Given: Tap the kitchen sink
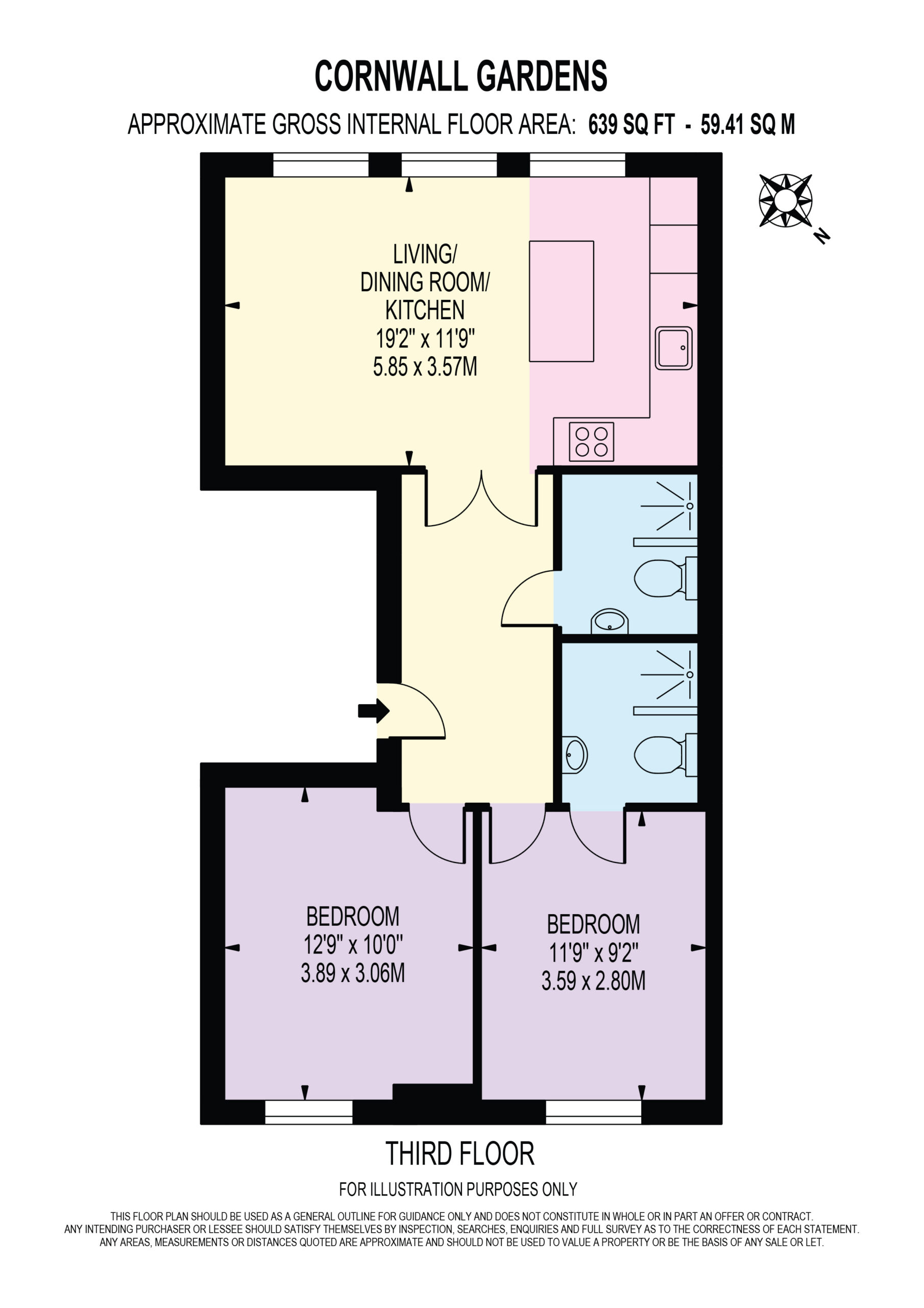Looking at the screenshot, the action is [673, 348].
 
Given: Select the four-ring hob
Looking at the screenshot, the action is [592, 441].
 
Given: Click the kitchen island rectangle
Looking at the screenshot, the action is [562, 301].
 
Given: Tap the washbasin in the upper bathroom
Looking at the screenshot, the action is [609, 621].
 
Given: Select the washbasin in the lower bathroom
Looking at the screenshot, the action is [574, 755].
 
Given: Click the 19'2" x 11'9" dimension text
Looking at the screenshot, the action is [425, 339].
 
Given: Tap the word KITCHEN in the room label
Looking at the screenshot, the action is [425, 311].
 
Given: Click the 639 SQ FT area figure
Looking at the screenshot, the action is [631, 124].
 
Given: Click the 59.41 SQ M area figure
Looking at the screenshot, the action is [747, 124].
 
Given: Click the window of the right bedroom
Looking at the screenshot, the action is [594, 1111].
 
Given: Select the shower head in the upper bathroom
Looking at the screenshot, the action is [690, 506].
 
